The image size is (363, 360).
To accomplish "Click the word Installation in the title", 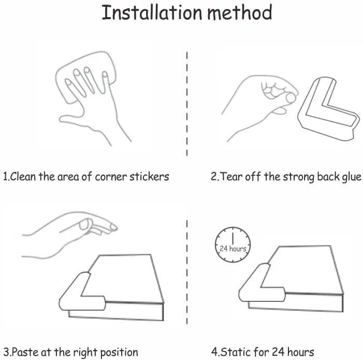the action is click(x=152, y=13).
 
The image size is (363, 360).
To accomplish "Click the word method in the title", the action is click(x=240, y=13).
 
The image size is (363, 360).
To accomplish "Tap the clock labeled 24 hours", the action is click(x=233, y=244).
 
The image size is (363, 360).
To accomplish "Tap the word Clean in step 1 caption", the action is click(x=23, y=177).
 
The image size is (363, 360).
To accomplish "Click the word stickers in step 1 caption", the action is click(x=149, y=177).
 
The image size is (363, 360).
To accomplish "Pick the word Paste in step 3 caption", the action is click(x=24, y=352).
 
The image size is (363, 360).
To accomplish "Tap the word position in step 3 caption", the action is click(x=119, y=353).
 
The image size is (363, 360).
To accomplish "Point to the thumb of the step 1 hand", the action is click(x=69, y=119).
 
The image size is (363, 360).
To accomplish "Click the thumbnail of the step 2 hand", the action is click(x=291, y=98).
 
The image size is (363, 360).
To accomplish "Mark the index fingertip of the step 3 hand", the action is click(x=113, y=227).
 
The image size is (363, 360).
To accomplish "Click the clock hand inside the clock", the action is click(x=233, y=238).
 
